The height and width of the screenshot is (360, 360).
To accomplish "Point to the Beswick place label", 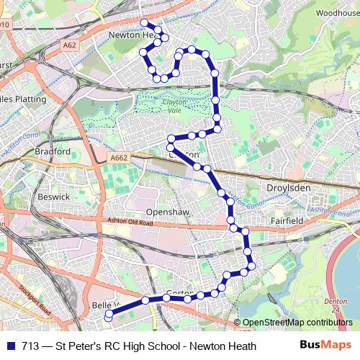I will click(x=54, y=196).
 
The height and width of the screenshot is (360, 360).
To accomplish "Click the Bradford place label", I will click(x=52, y=152).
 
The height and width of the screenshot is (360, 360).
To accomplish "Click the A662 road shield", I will click(x=118, y=157).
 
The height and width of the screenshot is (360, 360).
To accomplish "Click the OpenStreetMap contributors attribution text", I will click(x=299, y=323).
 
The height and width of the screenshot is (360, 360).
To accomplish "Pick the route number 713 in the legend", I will click(x=30, y=346).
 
